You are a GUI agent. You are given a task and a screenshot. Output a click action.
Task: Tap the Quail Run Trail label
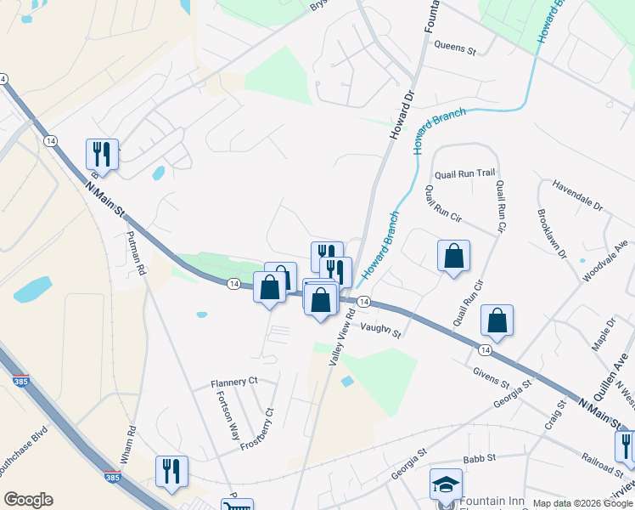click(x=464, y=173)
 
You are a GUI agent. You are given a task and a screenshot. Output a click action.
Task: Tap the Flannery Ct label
click(x=233, y=383)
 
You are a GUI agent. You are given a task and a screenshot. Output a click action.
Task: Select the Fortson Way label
click(x=227, y=415)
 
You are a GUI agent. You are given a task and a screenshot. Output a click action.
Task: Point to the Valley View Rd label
click(x=345, y=337)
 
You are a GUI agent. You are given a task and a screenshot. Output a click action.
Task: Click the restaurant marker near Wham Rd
click(x=171, y=471)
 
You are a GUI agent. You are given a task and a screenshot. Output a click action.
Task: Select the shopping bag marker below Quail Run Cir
click(x=497, y=320)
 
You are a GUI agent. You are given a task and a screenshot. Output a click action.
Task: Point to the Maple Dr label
click(x=606, y=331)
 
